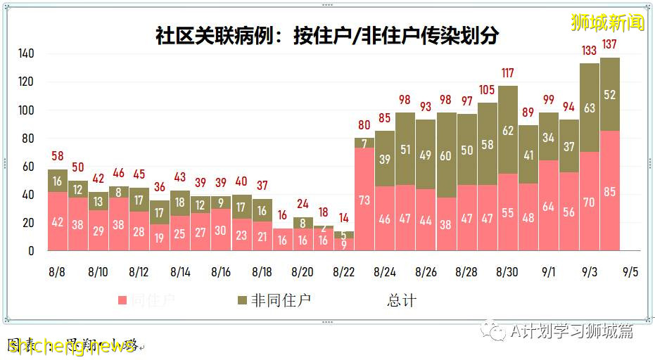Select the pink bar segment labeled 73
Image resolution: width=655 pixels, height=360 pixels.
(364, 200)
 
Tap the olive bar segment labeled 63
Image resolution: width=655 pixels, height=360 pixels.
(590, 108)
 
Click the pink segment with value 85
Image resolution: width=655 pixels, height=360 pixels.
(610, 191)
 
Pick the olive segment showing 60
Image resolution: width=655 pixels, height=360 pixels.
(446, 155)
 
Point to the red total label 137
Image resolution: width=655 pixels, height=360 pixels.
(610, 45)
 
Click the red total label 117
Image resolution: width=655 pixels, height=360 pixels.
(508, 73)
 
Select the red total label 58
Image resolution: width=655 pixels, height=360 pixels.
(58, 156)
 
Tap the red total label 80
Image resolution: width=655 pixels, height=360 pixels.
(364, 125)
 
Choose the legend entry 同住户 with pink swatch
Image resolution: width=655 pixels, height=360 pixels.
(148, 300)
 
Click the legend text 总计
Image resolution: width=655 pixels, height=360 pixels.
(402, 300)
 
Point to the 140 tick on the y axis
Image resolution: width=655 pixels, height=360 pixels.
(27, 54)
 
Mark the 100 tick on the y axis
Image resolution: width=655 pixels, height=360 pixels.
(27, 110)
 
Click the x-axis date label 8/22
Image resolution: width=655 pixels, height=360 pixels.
(343, 271)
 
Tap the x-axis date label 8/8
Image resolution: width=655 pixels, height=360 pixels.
(58, 271)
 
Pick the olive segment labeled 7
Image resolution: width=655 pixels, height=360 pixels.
(364, 143)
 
